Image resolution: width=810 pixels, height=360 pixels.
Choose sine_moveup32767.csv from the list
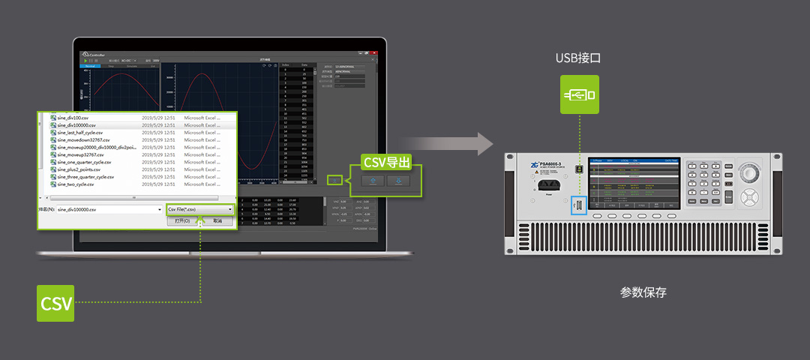(x=80, y=154)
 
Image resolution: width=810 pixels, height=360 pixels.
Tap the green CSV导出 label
(x=387, y=162)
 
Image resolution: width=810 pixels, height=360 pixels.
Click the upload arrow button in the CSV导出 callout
(x=373, y=181)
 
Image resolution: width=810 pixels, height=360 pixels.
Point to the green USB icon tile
(x=579, y=94)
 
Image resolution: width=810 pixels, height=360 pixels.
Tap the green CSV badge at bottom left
(x=56, y=303)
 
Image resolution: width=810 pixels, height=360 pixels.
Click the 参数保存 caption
(x=643, y=292)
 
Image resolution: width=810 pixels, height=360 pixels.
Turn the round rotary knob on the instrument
(x=751, y=171)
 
